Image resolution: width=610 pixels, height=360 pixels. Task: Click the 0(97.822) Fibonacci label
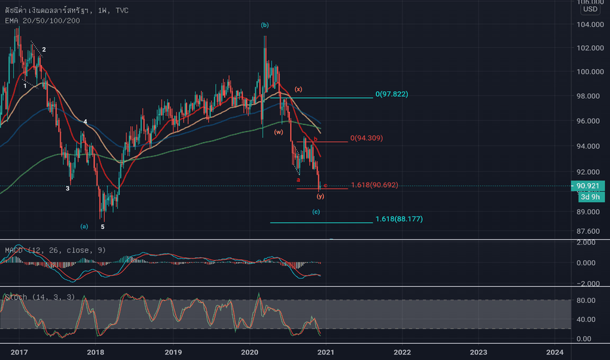(x=392, y=94)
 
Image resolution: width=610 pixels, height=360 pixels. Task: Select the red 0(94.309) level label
(x=367, y=138)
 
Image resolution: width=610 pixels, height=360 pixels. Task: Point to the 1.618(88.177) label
(x=399, y=219)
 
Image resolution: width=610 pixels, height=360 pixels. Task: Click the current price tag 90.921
(x=590, y=186)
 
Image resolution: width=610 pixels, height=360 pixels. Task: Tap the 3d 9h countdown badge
(x=590, y=196)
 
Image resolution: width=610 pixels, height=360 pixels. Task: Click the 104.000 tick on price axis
(x=590, y=24)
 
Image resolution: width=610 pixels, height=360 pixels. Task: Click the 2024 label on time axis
(x=555, y=352)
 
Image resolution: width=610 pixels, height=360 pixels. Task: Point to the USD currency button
(x=590, y=9)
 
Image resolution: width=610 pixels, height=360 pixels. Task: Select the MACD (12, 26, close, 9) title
(x=46, y=250)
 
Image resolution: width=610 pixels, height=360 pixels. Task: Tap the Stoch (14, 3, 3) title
(x=39, y=297)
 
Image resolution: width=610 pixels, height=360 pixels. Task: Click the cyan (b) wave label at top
(x=264, y=25)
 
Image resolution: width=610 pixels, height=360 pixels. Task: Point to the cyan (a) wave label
(x=84, y=226)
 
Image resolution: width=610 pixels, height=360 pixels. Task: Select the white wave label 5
(x=102, y=226)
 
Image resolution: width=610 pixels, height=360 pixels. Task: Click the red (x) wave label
(x=298, y=89)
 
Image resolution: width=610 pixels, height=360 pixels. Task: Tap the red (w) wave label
(x=278, y=132)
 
